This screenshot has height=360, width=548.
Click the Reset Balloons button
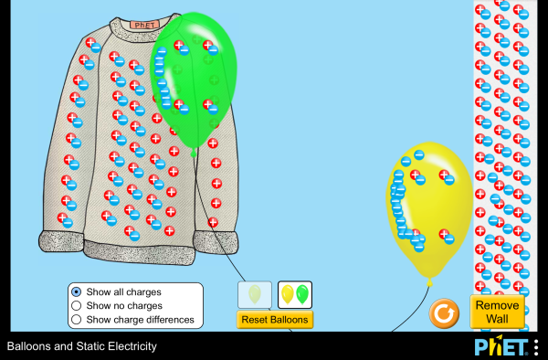pos(274,320)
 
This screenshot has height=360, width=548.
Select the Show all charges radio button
pos(77,291)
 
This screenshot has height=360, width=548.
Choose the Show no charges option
pos(77,305)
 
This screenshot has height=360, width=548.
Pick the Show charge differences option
pos(77,319)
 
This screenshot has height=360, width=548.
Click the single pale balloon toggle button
pos(255,294)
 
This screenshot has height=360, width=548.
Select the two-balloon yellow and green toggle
pos(295,294)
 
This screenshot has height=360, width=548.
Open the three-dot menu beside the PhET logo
pos(536,347)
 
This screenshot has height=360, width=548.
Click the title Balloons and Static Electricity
pos(82,347)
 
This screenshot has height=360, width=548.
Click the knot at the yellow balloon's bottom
pos(429,282)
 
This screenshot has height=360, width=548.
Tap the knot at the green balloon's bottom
pos(194,153)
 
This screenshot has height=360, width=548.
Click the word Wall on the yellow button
pos(498,320)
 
